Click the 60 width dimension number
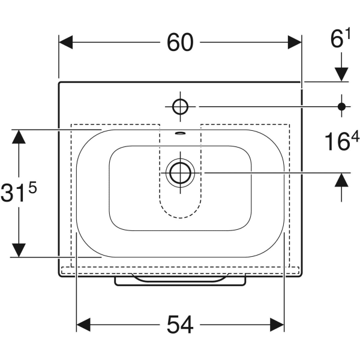click(x=180, y=43)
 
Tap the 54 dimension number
click(x=180, y=325)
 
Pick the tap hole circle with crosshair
click(x=180, y=107)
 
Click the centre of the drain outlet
click(x=180, y=173)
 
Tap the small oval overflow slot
click(x=180, y=133)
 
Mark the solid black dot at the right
click(x=341, y=107)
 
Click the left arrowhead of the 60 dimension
click(x=66, y=42)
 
